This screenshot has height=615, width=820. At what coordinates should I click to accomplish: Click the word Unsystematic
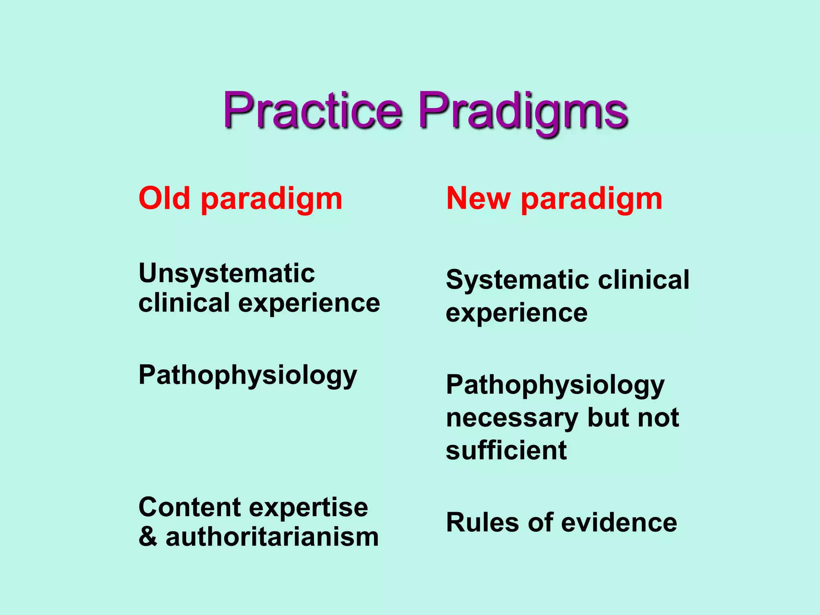pos(227,274)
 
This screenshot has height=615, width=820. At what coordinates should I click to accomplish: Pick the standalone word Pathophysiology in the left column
pos(247,376)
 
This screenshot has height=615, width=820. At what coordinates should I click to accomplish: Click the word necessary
pos(512,418)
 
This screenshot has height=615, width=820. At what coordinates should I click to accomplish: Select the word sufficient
pos(506,450)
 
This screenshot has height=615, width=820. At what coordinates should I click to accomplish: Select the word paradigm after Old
pos(271,199)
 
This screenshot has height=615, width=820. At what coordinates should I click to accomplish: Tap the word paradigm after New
pos(591,199)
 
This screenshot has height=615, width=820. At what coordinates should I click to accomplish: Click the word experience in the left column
pos(309,303)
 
